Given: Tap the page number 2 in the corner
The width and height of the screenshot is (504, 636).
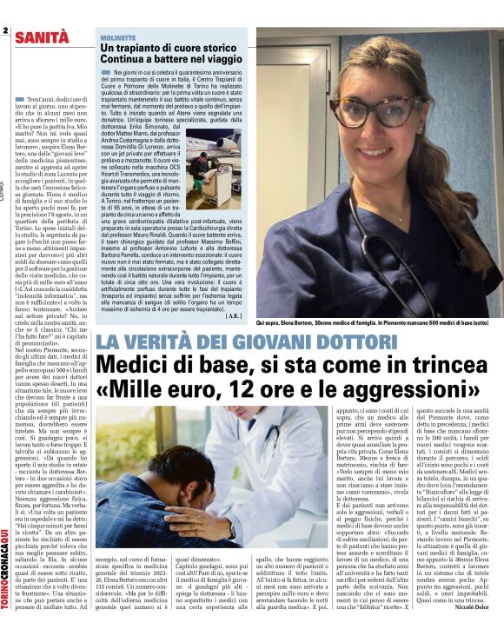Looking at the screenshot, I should pyautogui.click(x=4, y=31).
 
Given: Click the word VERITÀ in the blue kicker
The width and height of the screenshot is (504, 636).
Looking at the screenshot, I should pyautogui.click(x=161, y=341).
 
